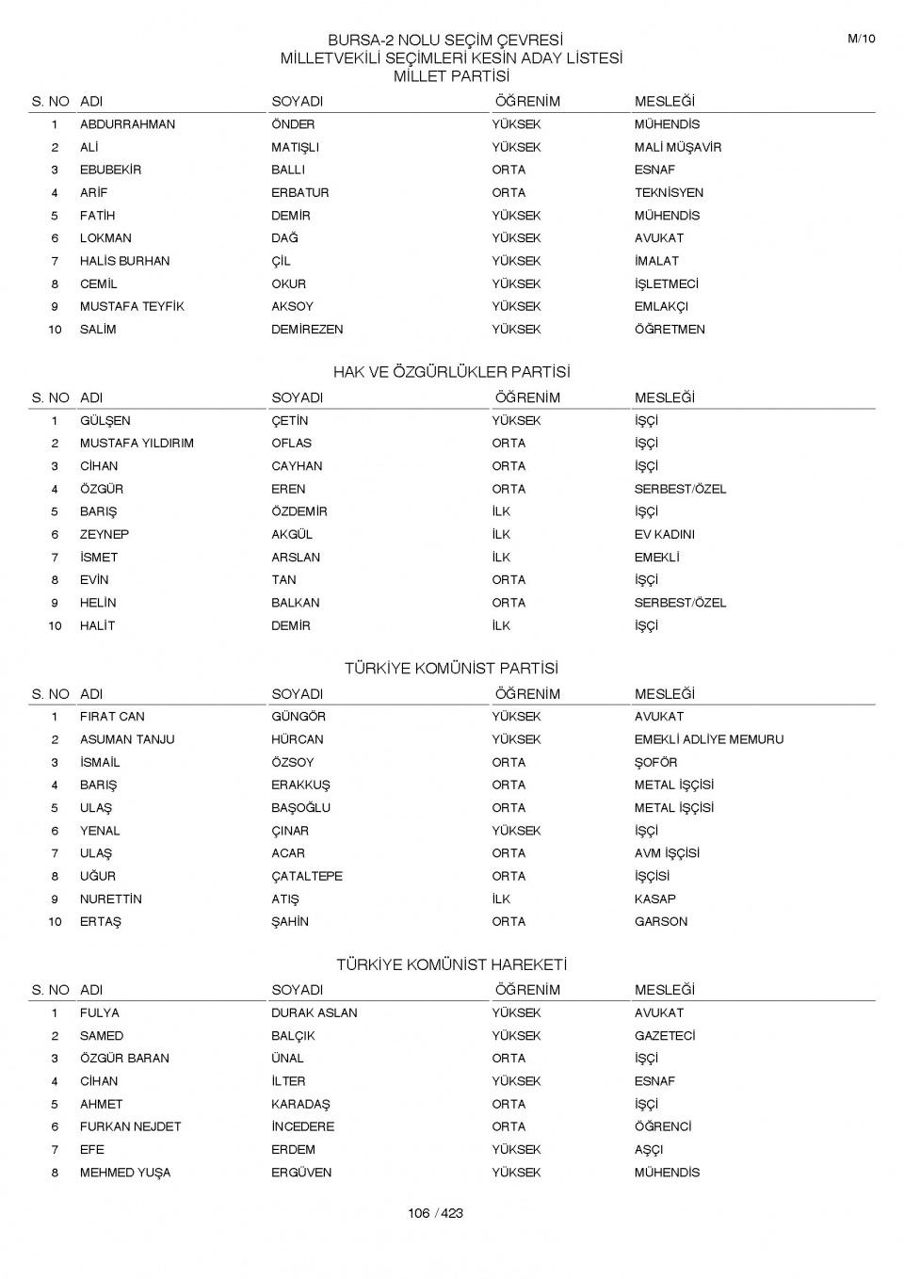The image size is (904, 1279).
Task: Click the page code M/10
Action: click(x=861, y=39)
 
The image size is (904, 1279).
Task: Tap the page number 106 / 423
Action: click(x=435, y=1213)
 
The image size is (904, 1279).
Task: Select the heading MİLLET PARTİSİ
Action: click(x=451, y=76)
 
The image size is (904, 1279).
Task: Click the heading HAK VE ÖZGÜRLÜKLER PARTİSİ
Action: click(x=451, y=372)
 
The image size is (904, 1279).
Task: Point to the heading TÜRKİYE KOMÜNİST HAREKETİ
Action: click(x=451, y=964)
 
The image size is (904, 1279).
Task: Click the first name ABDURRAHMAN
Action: click(x=127, y=124)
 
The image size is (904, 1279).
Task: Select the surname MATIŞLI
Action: click(x=295, y=147)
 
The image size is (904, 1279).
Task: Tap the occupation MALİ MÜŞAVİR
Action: click(x=677, y=147)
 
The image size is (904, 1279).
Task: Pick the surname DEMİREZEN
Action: click(x=307, y=330)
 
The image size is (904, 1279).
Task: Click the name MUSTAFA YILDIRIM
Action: click(x=137, y=443)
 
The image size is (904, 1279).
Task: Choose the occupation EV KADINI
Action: click(x=664, y=534)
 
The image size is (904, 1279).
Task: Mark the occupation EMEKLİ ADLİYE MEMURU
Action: click(x=708, y=739)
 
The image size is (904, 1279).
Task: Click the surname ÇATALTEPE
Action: click(x=306, y=876)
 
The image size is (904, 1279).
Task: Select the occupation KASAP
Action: click(x=654, y=899)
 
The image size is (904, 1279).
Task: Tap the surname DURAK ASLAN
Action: click(x=314, y=1012)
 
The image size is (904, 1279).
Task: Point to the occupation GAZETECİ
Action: click(x=664, y=1035)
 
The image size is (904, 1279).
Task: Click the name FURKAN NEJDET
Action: click(x=130, y=1126)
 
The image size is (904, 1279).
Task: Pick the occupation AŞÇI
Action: click(x=648, y=1149)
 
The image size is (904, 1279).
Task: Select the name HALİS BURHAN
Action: click(x=124, y=261)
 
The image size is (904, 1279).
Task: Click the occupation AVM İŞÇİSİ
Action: click(x=666, y=853)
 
